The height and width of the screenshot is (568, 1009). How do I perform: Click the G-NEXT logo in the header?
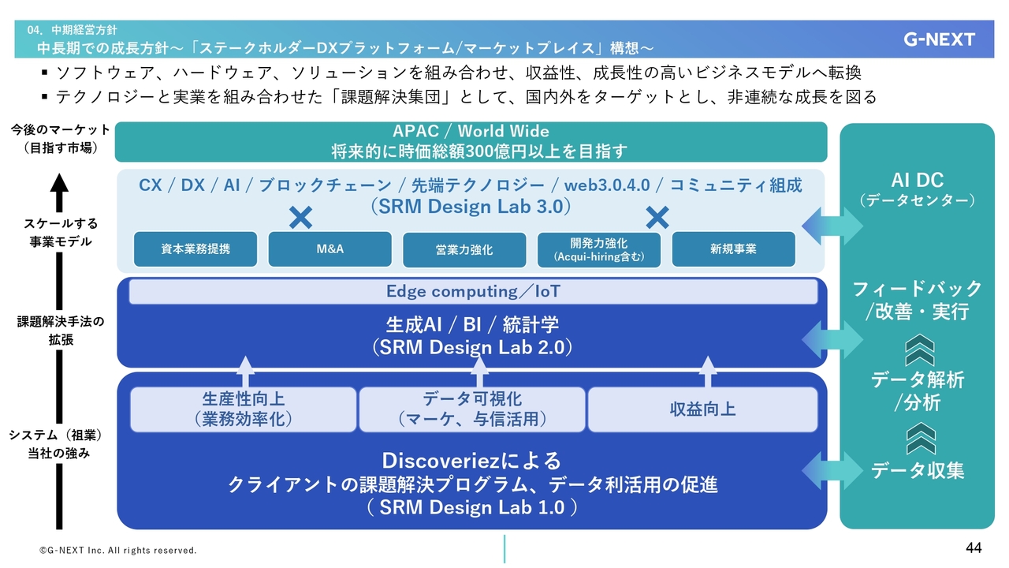(x=939, y=39)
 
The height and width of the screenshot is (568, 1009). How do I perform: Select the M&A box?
(x=330, y=248)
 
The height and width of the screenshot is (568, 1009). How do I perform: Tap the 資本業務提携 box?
(x=195, y=248)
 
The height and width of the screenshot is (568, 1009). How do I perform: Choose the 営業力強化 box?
(x=464, y=249)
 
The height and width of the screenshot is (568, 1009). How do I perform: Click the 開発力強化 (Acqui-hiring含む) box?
(x=598, y=249)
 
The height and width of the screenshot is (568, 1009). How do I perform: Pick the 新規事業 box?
(x=733, y=248)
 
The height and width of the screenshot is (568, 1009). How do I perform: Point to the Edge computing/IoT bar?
(x=473, y=291)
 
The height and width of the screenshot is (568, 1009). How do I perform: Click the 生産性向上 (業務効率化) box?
(x=244, y=409)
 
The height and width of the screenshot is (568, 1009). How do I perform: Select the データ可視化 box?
(x=472, y=409)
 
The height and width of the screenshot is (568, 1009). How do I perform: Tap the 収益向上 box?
(x=702, y=409)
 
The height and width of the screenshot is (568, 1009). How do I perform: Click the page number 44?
(x=974, y=547)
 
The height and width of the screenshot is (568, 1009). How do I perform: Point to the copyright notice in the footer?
(x=118, y=551)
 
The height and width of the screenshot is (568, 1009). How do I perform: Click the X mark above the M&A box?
(x=301, y=219)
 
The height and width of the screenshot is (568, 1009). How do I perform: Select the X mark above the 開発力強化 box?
(x=657, y=219)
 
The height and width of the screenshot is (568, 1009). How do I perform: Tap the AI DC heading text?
(x=917, y=181)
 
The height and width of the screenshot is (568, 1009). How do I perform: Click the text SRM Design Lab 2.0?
(x=472, y=348)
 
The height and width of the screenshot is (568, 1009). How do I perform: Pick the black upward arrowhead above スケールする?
(x=59, y=184)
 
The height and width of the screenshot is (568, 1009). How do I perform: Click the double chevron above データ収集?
(x=920, y=438)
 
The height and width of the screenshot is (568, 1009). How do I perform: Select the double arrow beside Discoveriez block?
(x=832, y=471)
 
